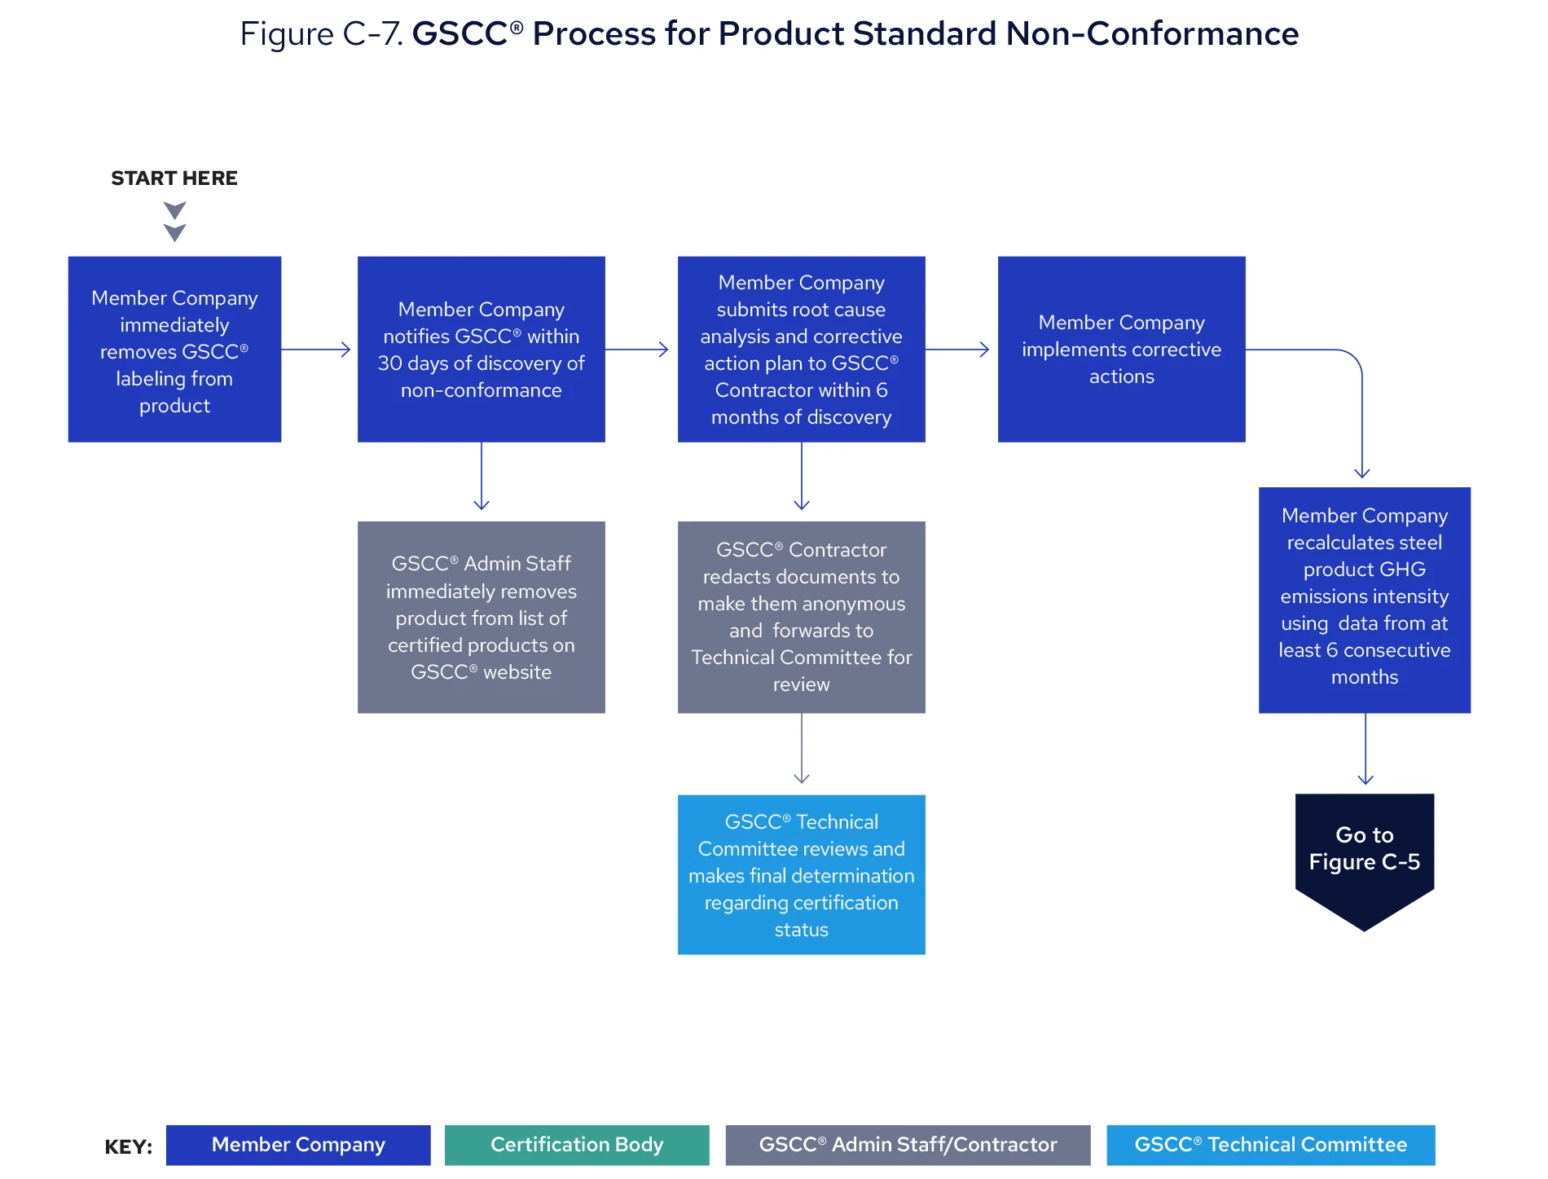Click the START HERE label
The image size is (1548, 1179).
point(174,178)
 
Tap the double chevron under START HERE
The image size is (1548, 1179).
point(174,222)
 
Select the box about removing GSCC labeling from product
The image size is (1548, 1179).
point(174,350)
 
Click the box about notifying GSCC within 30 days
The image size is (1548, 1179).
point(481,350)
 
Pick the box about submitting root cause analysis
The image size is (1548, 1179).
point(801,350)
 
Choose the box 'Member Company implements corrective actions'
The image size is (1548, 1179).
point(1121,350)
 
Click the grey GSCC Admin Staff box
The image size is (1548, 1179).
point(481,617)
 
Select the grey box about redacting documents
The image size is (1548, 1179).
point(801,617)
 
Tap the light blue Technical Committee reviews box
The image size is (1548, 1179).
point(801,874)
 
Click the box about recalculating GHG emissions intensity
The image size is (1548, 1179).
point(1364,600)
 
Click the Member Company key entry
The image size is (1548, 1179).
point(298,1145)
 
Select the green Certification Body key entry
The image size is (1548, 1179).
point(577,1145)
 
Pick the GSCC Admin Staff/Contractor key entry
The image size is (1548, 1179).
point(908,1145)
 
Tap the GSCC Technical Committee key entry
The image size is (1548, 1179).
point(1270,1145)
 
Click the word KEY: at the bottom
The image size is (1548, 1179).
point(128,1147)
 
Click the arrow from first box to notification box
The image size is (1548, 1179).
point(316,350)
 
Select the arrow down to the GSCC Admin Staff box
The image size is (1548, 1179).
point(482,477)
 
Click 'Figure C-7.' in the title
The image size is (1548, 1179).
point(321,34)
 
